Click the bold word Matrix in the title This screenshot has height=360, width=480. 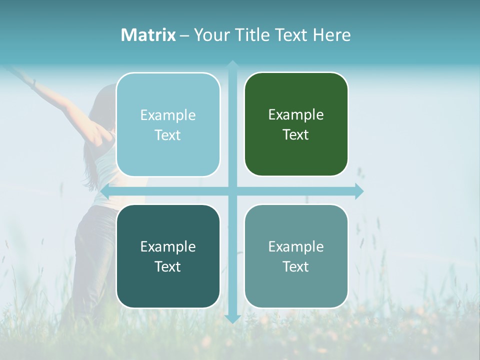click(x=148, y=35)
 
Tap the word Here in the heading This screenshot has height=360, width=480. click(x=331, y=35)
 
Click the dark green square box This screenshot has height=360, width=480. click(x=296, y=124)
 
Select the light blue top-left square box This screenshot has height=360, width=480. click(x=168, y=124)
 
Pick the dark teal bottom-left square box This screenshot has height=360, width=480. click(x=168, y=256)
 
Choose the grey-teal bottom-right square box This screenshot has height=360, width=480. click(x=296, y=256)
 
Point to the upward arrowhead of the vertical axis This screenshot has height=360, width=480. click(x=232, y=64)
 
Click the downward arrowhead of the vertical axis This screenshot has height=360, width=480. click(x=232, y=318)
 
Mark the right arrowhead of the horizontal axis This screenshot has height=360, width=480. click(x=359, y=191)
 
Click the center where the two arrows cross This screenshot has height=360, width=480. click(x=232, y=191)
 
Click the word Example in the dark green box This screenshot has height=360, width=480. click(x=296, y=114)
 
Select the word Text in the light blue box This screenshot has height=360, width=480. click(x=168, y=135)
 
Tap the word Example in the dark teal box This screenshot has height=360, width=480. click(x=168, y=246)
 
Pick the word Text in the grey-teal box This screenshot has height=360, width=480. click(x=296, y=266)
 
